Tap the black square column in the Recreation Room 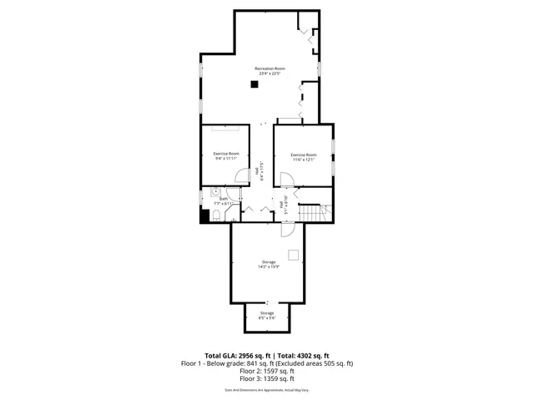[x=254, y=84]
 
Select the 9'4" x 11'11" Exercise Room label [x=226, y=156]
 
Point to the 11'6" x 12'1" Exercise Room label [x=303, y=157]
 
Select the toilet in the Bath [x=215, y=216]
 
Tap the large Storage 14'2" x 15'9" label [x=267, y=265]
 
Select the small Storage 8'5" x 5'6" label [x=266, y=316]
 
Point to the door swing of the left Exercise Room [x=241, y=176]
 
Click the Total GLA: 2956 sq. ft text [x=237, y=355]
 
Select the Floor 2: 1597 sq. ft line [x=266, y=372]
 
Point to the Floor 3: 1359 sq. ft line [x=266, y=380]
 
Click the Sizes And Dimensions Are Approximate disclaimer [x=266, y=390]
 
